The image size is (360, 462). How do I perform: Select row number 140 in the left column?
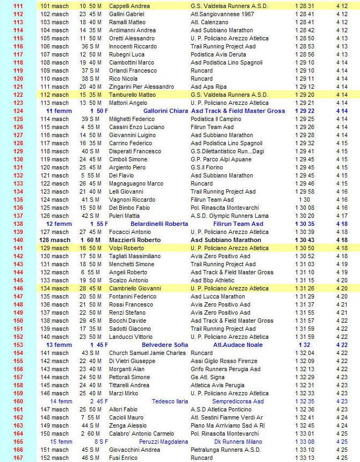tap(18, 240)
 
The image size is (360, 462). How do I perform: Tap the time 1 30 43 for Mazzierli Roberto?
tap(305, 240)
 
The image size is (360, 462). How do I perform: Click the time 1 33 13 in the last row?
tap(305, 458)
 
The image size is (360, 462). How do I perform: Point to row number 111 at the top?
tap(18, 6)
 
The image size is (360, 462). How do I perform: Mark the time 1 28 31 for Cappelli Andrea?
tap(305, 6)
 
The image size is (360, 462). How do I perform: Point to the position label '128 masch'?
tap(55, 240)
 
